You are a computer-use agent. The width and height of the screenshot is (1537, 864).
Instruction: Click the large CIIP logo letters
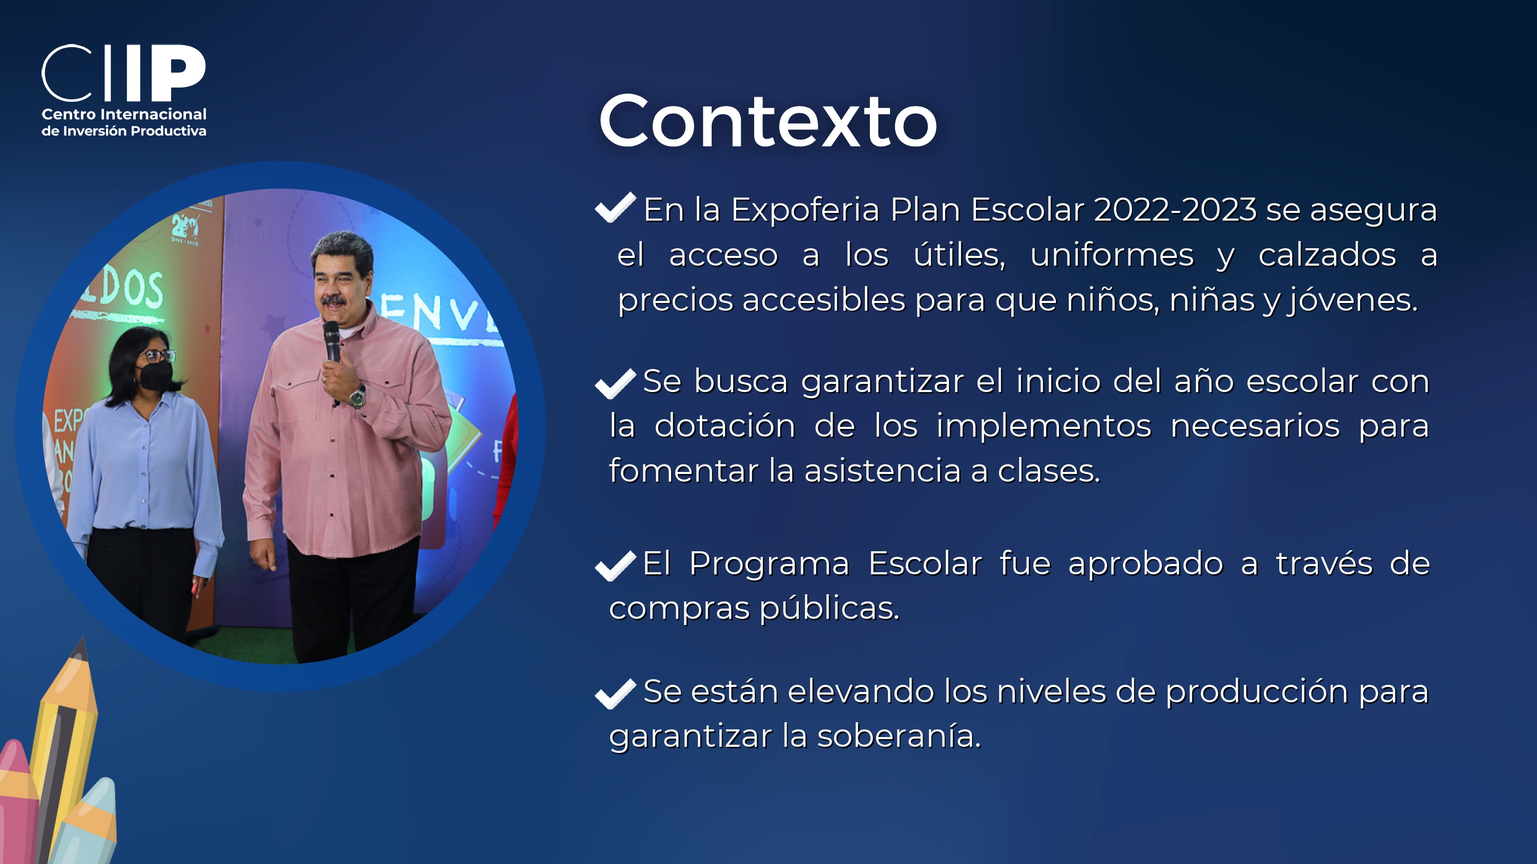click(123, 73)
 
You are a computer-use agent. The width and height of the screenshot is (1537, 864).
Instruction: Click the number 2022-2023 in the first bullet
click(1175, 210)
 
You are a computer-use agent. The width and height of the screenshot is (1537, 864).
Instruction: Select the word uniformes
click(1112, 255)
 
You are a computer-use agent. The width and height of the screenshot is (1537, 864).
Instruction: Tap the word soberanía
click(899, 736)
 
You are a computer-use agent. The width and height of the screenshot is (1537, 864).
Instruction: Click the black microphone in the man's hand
click(332, 341)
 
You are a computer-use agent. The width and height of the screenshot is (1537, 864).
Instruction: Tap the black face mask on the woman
click(156, 375)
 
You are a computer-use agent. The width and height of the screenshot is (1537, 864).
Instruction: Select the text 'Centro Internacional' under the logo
click(124, 114)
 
